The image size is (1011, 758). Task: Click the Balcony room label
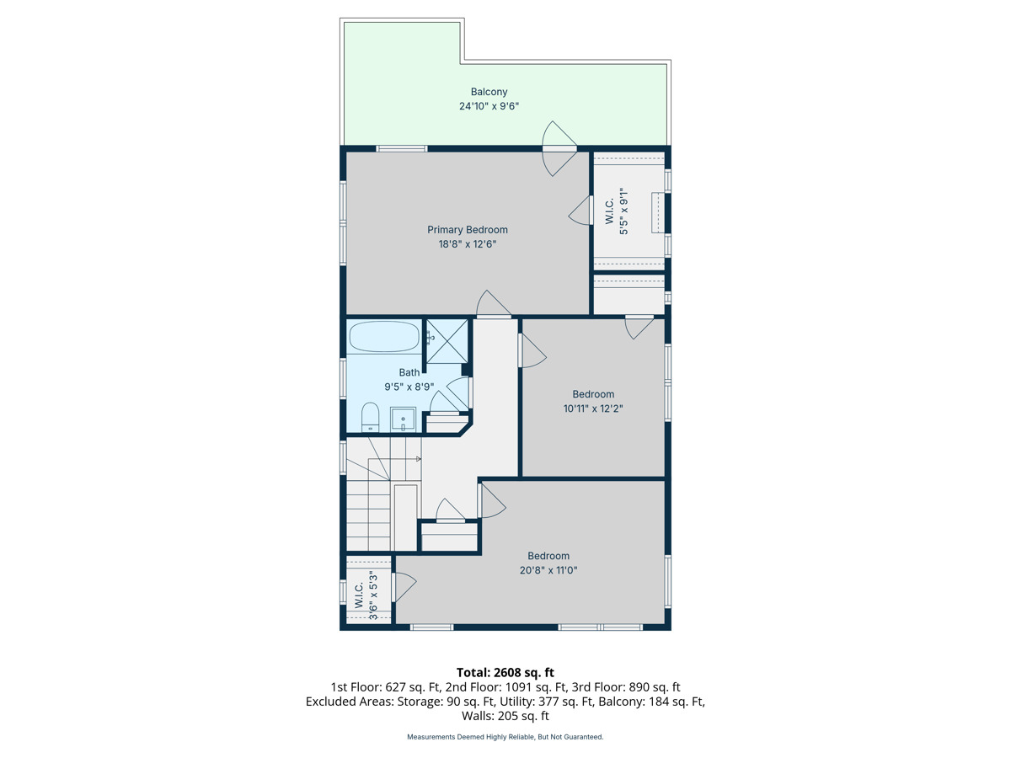489,92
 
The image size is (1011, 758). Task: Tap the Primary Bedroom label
467,230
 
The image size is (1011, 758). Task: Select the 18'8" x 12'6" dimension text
467,244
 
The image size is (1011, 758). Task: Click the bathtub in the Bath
384,336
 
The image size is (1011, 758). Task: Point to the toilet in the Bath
370,418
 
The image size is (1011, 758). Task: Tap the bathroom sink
403,419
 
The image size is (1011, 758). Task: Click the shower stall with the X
447,341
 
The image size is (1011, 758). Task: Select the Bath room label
409,372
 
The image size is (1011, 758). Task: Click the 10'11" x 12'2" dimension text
593,408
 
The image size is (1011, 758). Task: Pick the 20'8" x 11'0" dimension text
548,570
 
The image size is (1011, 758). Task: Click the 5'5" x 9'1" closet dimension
623,211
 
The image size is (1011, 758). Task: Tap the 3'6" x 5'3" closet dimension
373,595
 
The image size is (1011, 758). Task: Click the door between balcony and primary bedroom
559,148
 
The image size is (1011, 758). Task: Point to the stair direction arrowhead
419,459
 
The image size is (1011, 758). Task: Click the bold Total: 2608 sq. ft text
505,672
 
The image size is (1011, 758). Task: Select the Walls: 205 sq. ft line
505,716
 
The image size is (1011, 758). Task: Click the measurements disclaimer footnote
505,737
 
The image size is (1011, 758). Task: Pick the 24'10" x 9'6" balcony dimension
489,106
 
